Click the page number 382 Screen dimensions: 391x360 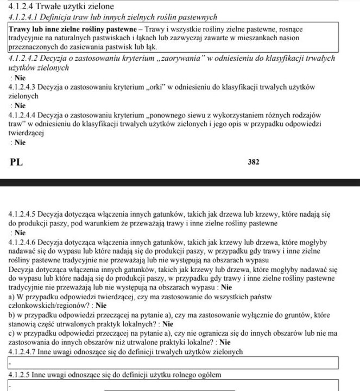(x=254, y=162)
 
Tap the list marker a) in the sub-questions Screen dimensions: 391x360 (x=12, y=297)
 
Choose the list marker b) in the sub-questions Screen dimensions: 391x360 (x=12, y=315)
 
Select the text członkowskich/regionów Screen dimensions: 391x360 (x=52, y=306)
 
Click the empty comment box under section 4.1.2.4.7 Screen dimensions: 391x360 (x=174, y=363)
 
